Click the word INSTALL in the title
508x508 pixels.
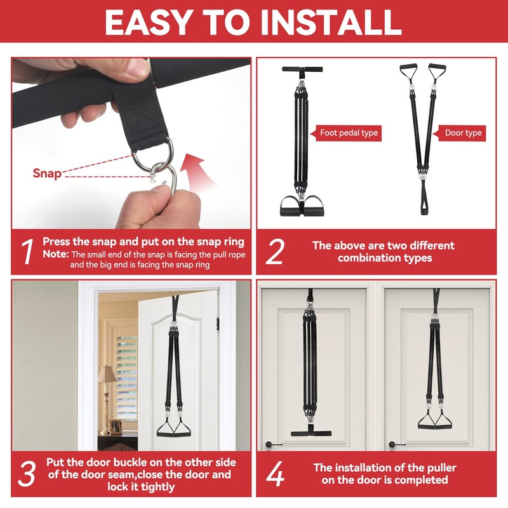tap(331, 22)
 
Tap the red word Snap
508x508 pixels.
tap(47, 173)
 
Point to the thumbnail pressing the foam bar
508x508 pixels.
tap(138, 68)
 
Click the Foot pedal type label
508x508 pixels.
tap(349, 133)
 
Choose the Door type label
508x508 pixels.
tap(463, 133)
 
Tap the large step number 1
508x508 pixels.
tap(27, 251)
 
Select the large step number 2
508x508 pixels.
tap(275, 251)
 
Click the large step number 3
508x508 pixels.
tap(27, 474)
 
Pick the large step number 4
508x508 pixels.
tap(275, 474)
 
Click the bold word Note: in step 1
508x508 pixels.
tap(56, 254)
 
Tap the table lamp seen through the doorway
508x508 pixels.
tap(106, 399)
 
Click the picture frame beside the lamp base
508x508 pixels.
tap(115, 427)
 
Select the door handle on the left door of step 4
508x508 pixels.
tap(272, 444)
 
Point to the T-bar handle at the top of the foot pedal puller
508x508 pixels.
tap(302, 69)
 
